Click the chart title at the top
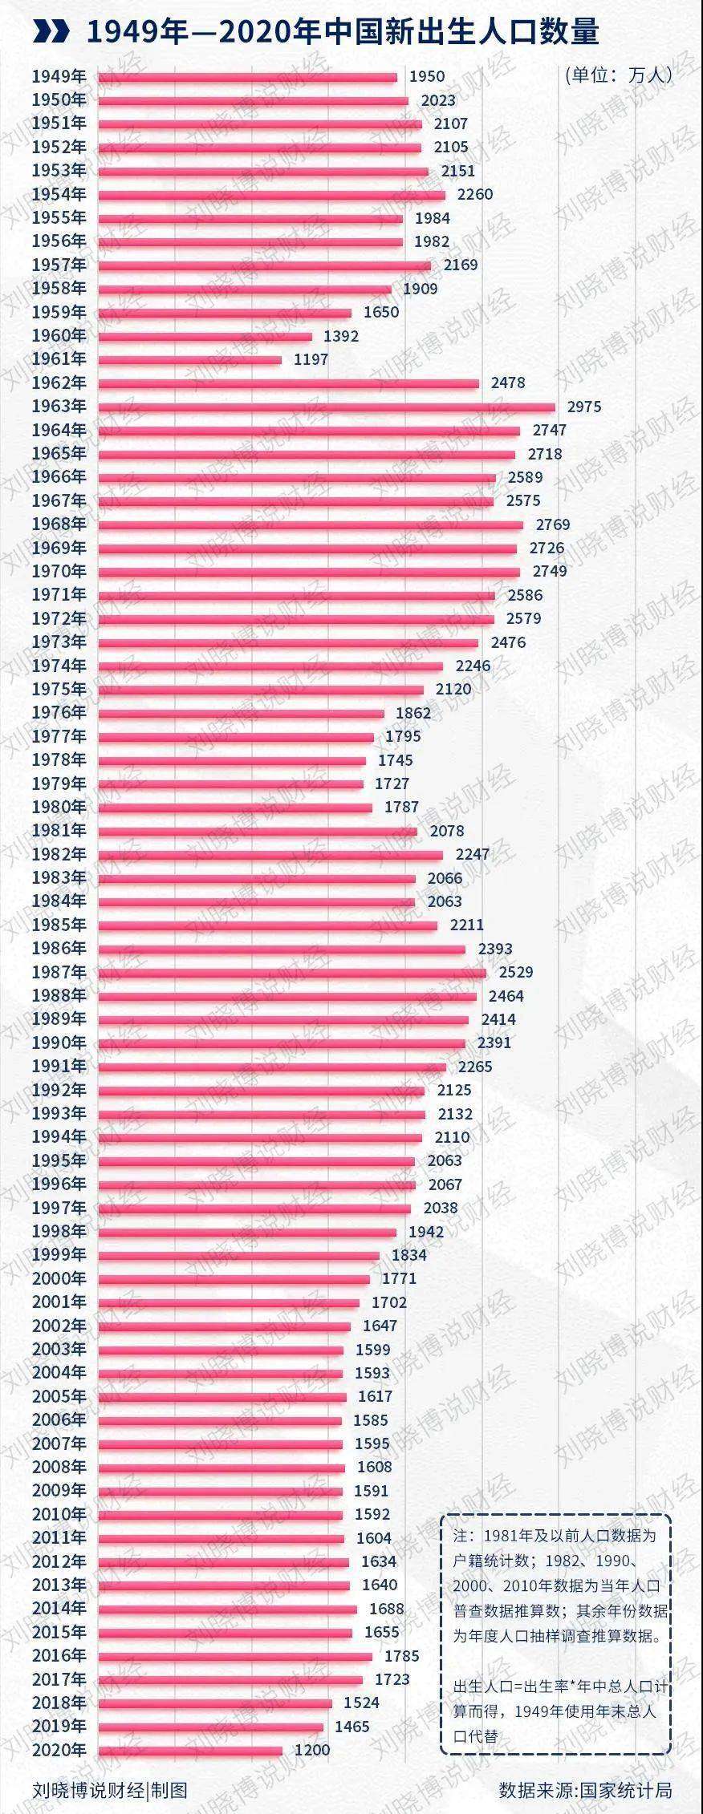[343, 32]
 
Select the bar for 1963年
[326, 407]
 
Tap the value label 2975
[583, 407]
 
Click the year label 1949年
[59, 77]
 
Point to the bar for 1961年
[189, 360]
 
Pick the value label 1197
[311, 359]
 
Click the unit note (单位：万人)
[618, 75]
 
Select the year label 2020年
[59, 1750]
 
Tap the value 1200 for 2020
[312, 1750]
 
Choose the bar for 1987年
[291, 973]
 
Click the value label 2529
[516, 972]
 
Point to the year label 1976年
[59, 712]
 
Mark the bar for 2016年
[234, 1657]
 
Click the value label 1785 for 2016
[402, 1655]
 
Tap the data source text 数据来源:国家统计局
[585, 1790]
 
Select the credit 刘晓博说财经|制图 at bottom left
[110, 1790]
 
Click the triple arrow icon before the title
[52, 32]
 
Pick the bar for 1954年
[271, 195]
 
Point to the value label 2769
[553, 524]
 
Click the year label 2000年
[59, 1278]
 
